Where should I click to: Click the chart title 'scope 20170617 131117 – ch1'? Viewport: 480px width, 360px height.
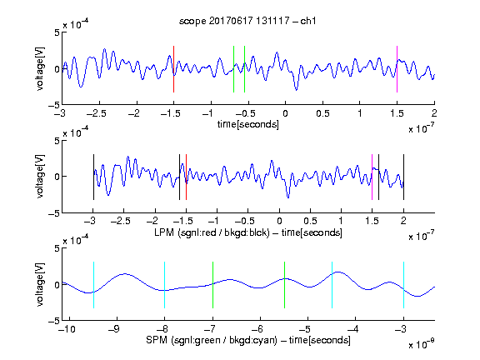tap(247, 21)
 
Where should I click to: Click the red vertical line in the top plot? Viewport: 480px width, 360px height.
tap(174, 69)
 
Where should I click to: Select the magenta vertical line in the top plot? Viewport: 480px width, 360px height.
tap(397, 69)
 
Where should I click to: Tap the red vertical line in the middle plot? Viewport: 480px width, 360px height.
tap(186, 177)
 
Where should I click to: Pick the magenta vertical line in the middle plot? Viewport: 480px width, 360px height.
tap(372, 177)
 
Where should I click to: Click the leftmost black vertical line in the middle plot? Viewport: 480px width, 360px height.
tap(93, 177)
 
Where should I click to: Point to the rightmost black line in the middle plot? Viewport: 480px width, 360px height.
tap(404, 177)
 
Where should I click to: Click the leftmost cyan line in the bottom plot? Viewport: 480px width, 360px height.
tap(93, 285)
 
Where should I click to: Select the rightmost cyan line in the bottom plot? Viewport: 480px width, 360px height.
tap(404, 285)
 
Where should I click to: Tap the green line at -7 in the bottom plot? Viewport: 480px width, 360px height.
tap(212, 285)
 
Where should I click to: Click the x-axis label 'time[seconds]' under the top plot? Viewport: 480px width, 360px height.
tap(248, 125)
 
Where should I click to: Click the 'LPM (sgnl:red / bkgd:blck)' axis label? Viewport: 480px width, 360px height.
tap(212, 232)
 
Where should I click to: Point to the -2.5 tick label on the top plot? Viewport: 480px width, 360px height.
tap(97, 113)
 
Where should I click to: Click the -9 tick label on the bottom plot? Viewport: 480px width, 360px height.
tap(113, 329)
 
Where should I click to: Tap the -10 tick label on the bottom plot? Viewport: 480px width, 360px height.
tap(67, 329)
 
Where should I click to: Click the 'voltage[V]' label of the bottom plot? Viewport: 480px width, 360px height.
tap(40, 285)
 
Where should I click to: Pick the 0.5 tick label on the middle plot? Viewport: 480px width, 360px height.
tap(310, 221)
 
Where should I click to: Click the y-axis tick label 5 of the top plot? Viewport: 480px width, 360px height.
tap(57, 32)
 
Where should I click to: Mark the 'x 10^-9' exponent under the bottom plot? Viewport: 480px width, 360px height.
tap(421, 344)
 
